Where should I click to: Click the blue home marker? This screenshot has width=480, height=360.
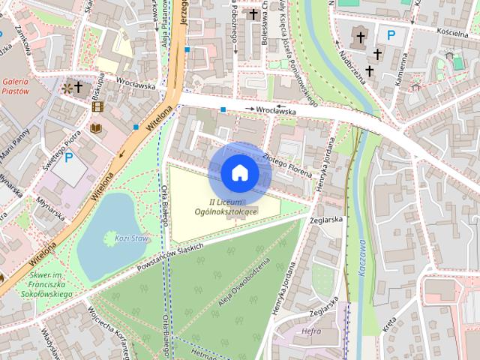tap(240, 172)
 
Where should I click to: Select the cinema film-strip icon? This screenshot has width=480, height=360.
tap(97, 106)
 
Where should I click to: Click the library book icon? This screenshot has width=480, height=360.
tap(95, 129)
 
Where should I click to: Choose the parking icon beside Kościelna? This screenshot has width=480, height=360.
tap(390, 34)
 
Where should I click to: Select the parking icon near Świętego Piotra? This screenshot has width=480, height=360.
tap(69, 157)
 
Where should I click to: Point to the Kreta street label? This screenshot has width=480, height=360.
tap(389, 324)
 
